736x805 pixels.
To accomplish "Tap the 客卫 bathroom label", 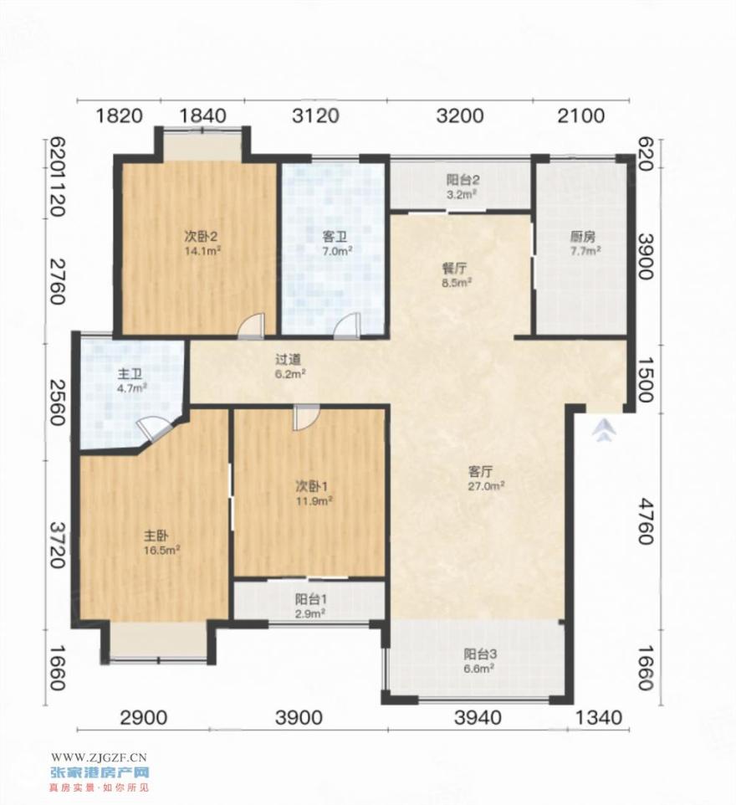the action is [x=335, y=237].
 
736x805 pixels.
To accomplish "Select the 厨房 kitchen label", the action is [x=583, y=237].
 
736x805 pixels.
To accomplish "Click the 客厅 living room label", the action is [x=481, y=471].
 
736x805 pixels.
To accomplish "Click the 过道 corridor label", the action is [x=288, y=360].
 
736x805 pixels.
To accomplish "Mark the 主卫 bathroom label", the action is [x=126, y=374].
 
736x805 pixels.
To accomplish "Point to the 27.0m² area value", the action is [x=486, y=485].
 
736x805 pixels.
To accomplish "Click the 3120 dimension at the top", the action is [x=315, y=115].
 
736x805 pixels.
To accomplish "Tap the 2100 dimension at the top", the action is [x=581, y=115].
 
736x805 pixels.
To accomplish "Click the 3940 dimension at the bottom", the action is [x=478, y=717].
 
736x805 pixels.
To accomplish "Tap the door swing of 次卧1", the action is [x=306, y=417].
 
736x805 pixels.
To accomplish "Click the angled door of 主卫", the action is [x=152, y=428].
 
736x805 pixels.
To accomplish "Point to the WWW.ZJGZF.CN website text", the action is [x=99, y=756].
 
